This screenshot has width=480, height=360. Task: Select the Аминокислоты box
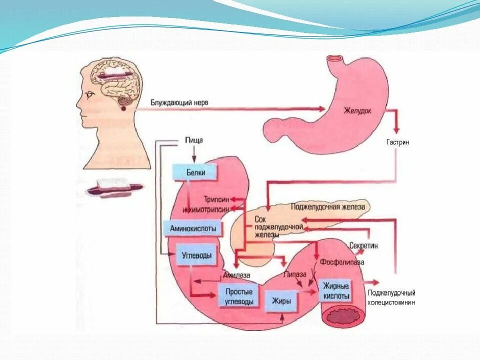tap(192, 228)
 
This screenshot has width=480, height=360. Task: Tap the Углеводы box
tap(196, 255)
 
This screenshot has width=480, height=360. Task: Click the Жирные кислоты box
tap(336, 291)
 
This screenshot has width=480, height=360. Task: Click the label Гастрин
tap(397, 142)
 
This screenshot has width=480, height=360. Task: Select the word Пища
tap(193, 140)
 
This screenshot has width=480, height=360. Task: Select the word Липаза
tap(294, 274)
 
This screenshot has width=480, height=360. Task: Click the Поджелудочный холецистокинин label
tap(391, 297)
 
